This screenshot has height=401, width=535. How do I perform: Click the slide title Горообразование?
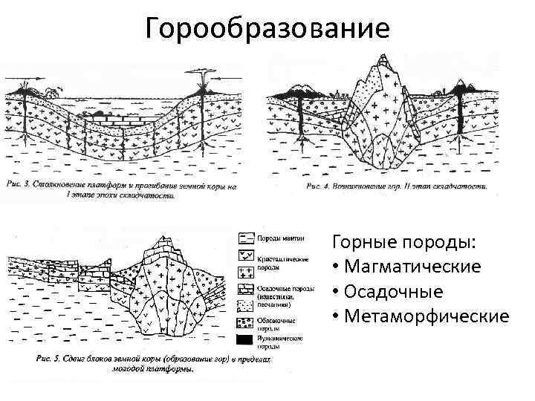pyautogui.click(x=267, y=28)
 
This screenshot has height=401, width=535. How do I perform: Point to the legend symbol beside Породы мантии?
pyautogui.click(x=245, y=238)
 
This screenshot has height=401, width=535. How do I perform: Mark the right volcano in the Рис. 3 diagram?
pyautogui.click(x=202, y=92)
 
